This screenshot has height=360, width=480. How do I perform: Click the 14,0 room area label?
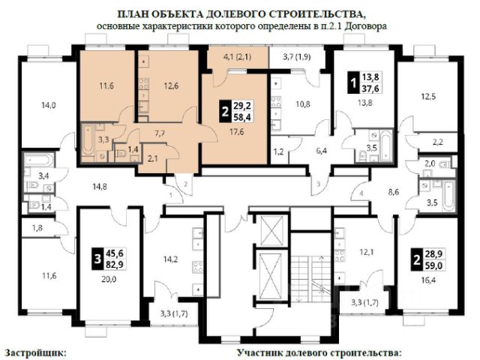49,106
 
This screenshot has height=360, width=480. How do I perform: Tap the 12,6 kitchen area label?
171,86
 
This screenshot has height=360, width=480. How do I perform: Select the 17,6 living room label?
237,132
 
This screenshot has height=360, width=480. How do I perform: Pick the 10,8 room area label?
303,104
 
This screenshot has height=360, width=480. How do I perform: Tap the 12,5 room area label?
428,97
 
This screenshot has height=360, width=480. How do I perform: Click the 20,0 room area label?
109,279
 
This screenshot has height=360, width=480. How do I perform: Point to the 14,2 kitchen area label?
170,259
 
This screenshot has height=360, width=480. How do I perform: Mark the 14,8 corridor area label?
100,187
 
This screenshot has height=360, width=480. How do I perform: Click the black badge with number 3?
97,259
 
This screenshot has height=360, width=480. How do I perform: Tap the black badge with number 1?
353,82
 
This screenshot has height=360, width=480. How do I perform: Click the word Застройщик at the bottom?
35,352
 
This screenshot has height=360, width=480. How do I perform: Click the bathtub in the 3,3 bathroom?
88,140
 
